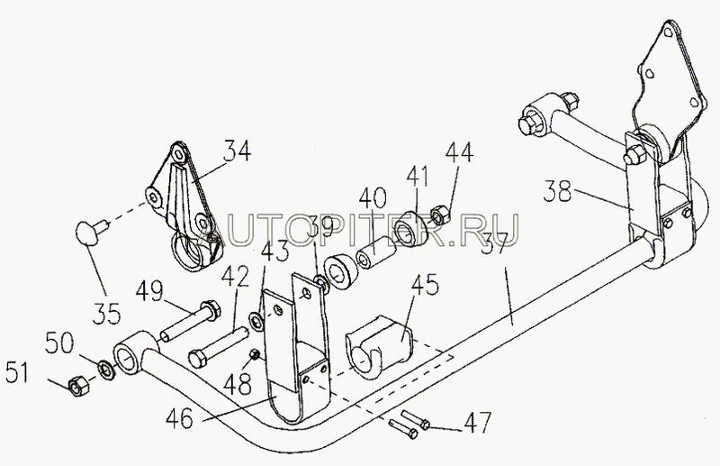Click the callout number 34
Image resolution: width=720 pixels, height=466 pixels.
point(237,151)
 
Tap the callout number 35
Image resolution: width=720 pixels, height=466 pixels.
point(106,314)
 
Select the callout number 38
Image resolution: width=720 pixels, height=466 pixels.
point(557,191)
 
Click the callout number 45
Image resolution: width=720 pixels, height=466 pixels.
point(425,286)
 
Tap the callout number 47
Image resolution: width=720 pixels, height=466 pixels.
point(478,422)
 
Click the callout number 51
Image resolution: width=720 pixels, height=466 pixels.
point(18,372)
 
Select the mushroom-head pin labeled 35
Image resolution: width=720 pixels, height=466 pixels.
point(91,232)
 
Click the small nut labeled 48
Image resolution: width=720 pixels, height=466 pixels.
point(255,354)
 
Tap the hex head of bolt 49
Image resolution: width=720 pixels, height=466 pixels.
point(211,309)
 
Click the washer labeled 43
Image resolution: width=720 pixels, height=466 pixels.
point(256,321)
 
